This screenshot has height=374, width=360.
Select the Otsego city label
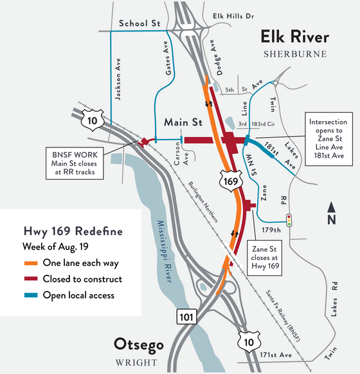[138, 343]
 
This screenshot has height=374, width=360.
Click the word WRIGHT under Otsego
[139, 360]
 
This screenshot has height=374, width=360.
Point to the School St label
[139, 23]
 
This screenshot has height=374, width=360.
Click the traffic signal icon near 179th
[291, 220]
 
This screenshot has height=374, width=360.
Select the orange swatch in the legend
[32, 263]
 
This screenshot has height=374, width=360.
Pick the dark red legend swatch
[32, 279]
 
